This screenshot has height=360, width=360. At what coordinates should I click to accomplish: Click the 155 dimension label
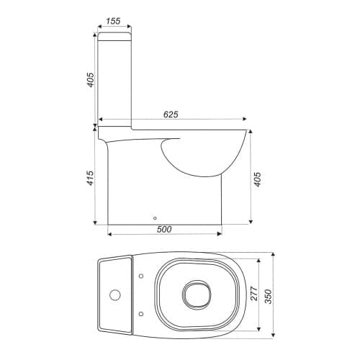113,21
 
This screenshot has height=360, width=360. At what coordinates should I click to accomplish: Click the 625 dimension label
171,114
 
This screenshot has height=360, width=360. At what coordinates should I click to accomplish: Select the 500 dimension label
164,229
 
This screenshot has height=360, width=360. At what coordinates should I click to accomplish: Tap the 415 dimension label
90,178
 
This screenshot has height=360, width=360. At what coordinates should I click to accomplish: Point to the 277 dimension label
254,293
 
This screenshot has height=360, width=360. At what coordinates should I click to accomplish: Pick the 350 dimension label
269,297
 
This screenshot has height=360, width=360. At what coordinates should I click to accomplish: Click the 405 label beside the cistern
90,80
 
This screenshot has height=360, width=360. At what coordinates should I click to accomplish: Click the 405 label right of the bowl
257,179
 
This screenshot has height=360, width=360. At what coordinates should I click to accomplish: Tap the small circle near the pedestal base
155,218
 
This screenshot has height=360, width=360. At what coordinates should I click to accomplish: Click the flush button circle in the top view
115,295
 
